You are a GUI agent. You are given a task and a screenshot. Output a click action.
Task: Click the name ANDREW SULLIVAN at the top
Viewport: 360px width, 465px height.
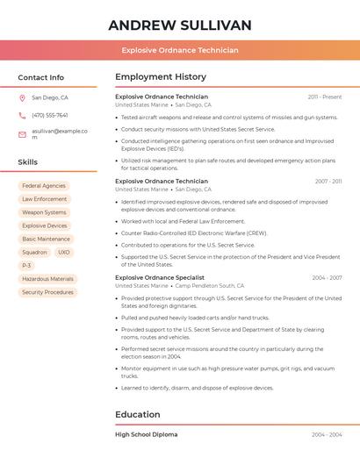(180, 25)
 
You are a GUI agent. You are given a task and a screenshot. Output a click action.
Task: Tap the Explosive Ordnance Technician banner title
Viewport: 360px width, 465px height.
(180, 50)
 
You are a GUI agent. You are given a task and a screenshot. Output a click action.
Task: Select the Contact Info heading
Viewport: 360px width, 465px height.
(41, 77)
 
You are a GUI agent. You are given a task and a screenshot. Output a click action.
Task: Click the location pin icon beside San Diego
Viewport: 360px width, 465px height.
(22, 98)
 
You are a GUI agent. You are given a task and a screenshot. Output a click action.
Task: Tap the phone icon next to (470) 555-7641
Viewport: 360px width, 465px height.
(22, 115)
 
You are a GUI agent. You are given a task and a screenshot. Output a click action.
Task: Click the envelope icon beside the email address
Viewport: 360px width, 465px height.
(22, 133)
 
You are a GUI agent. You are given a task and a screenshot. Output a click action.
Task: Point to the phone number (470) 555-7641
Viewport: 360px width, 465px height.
(50, 115)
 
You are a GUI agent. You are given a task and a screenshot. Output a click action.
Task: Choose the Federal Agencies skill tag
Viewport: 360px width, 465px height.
(44, 186)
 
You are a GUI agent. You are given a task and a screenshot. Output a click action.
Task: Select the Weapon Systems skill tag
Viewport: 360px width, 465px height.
(44, 212)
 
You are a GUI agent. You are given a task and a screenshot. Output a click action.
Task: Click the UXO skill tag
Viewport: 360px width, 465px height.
(63, 252)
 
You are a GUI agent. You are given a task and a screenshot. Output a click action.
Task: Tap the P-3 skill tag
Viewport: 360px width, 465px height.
(26, 265)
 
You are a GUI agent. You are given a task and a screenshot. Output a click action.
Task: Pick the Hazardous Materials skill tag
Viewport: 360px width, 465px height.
(47, 279)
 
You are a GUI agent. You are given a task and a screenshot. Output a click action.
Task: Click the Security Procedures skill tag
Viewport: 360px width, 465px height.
(47, 292)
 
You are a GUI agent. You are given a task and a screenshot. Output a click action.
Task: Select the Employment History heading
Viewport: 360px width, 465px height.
(161, 77)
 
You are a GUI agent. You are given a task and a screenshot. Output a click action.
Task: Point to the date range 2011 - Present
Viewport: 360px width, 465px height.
(324, 97)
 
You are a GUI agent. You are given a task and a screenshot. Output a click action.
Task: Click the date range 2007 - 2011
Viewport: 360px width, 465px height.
(328, 182)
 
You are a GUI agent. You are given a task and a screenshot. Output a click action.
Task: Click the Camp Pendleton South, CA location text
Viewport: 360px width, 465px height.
(210, 286)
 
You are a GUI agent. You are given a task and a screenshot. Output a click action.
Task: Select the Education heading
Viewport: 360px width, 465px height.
(138, 414)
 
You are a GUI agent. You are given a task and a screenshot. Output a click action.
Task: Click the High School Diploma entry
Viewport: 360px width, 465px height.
(147, 434)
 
